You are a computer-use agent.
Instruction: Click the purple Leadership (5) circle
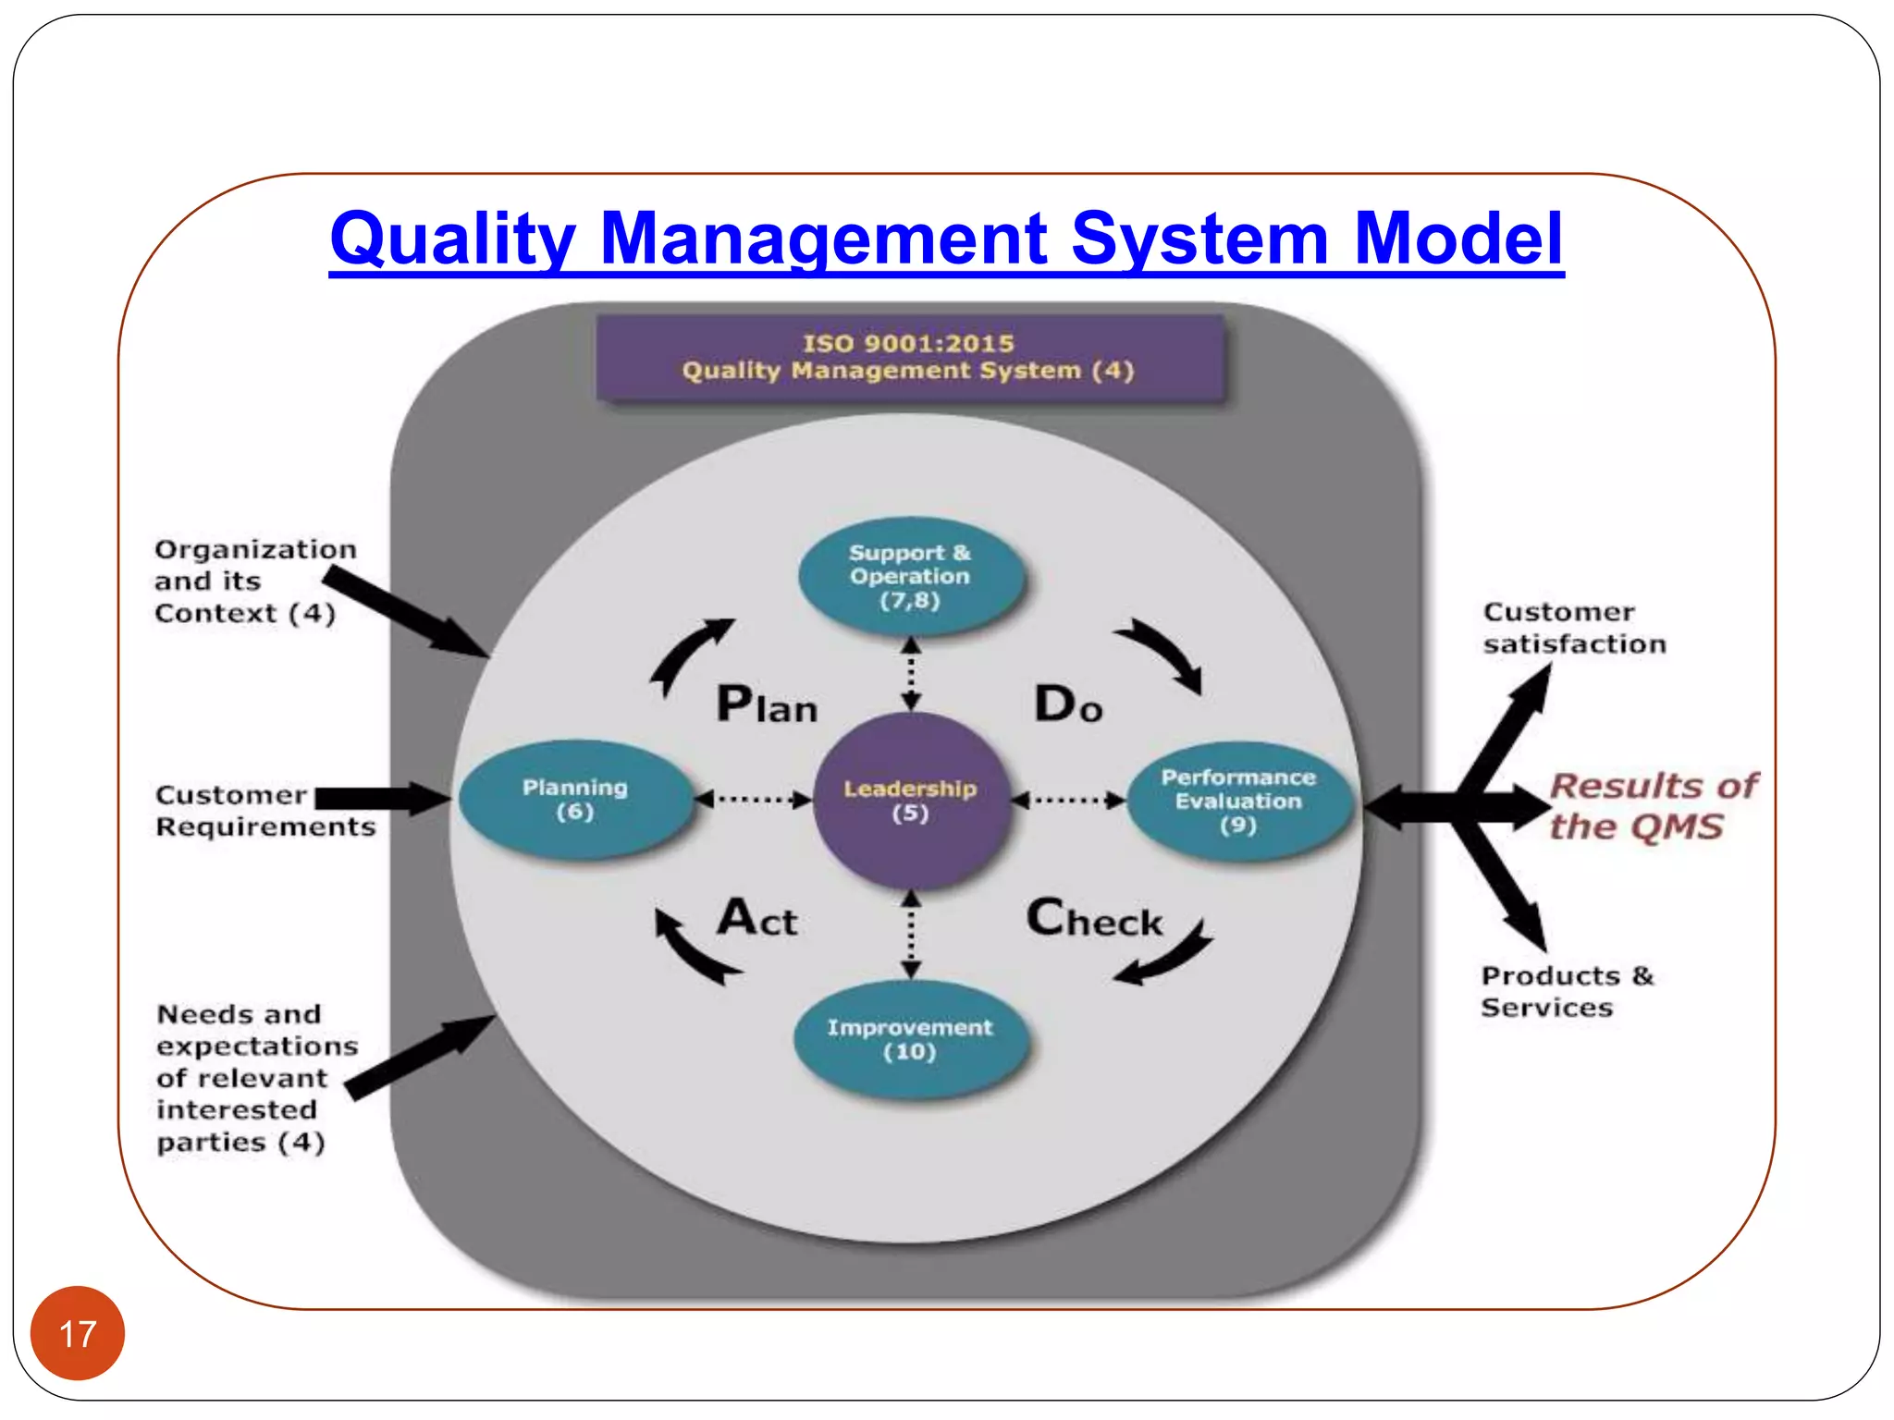910,801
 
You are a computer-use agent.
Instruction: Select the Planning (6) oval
575,800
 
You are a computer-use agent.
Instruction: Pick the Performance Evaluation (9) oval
1238,801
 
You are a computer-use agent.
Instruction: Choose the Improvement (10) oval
910,1040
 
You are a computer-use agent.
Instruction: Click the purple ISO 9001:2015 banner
910,358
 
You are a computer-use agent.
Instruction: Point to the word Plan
767,705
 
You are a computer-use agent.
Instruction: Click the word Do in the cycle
1068,705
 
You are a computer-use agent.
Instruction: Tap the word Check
1094,919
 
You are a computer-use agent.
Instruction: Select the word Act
757,919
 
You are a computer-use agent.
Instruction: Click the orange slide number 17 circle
78,1333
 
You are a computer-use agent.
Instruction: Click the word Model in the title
1457,239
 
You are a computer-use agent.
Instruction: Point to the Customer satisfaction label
1574,628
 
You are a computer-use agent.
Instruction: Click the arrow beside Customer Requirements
381,800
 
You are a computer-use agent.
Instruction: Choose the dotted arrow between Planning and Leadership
753,800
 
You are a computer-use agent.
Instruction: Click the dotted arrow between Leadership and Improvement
911,934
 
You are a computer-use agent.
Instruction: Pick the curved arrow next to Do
1162,655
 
